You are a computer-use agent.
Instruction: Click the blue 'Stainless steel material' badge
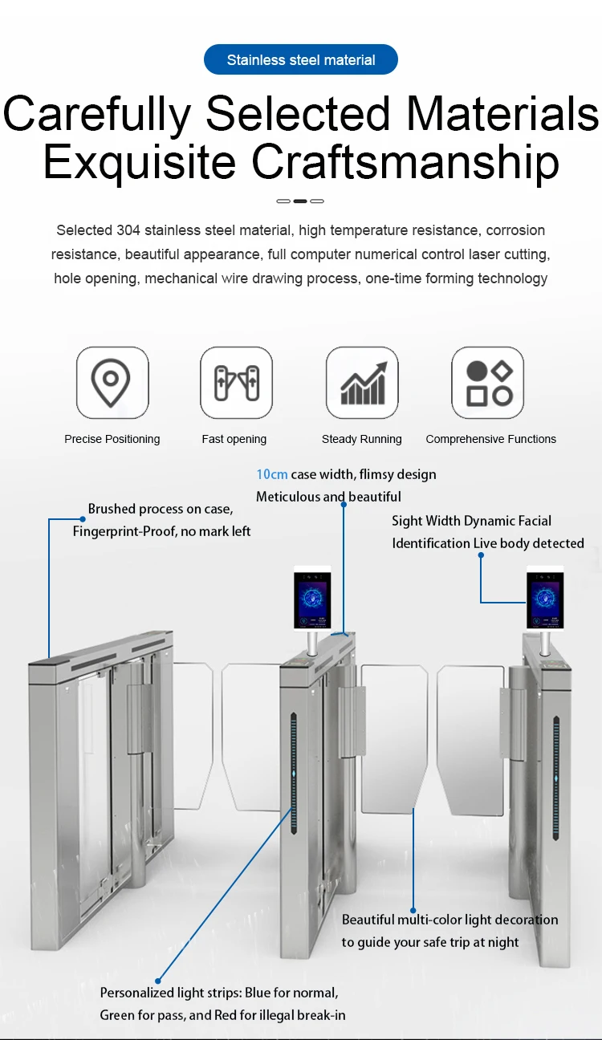(x=300, y=59)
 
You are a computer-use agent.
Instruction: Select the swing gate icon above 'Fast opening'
(x=237, y=383)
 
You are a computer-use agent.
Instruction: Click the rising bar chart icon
(x=364, y=383)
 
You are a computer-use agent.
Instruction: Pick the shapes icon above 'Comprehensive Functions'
(x=489, y=383)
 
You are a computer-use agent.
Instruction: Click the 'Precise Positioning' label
(x=112, y=439)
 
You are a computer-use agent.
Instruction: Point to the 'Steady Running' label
(x=362, y=439)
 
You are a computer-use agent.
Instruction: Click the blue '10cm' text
(x=272, y=474)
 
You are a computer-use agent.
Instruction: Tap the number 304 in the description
(x=128, y=230)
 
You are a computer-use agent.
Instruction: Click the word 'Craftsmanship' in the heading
(x=405, y=161)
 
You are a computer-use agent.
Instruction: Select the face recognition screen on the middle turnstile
(x=312, y=598)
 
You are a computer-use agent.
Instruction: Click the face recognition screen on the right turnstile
(x=545, y=599)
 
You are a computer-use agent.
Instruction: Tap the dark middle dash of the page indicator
(x=300, y=201)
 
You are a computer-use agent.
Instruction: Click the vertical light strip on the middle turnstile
(x=294, y=774)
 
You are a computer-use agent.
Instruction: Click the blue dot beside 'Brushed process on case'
(x=82, y=518)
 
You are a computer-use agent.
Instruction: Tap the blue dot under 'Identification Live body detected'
(x=481, y=555)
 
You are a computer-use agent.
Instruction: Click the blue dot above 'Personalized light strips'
(x=158, y=981)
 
